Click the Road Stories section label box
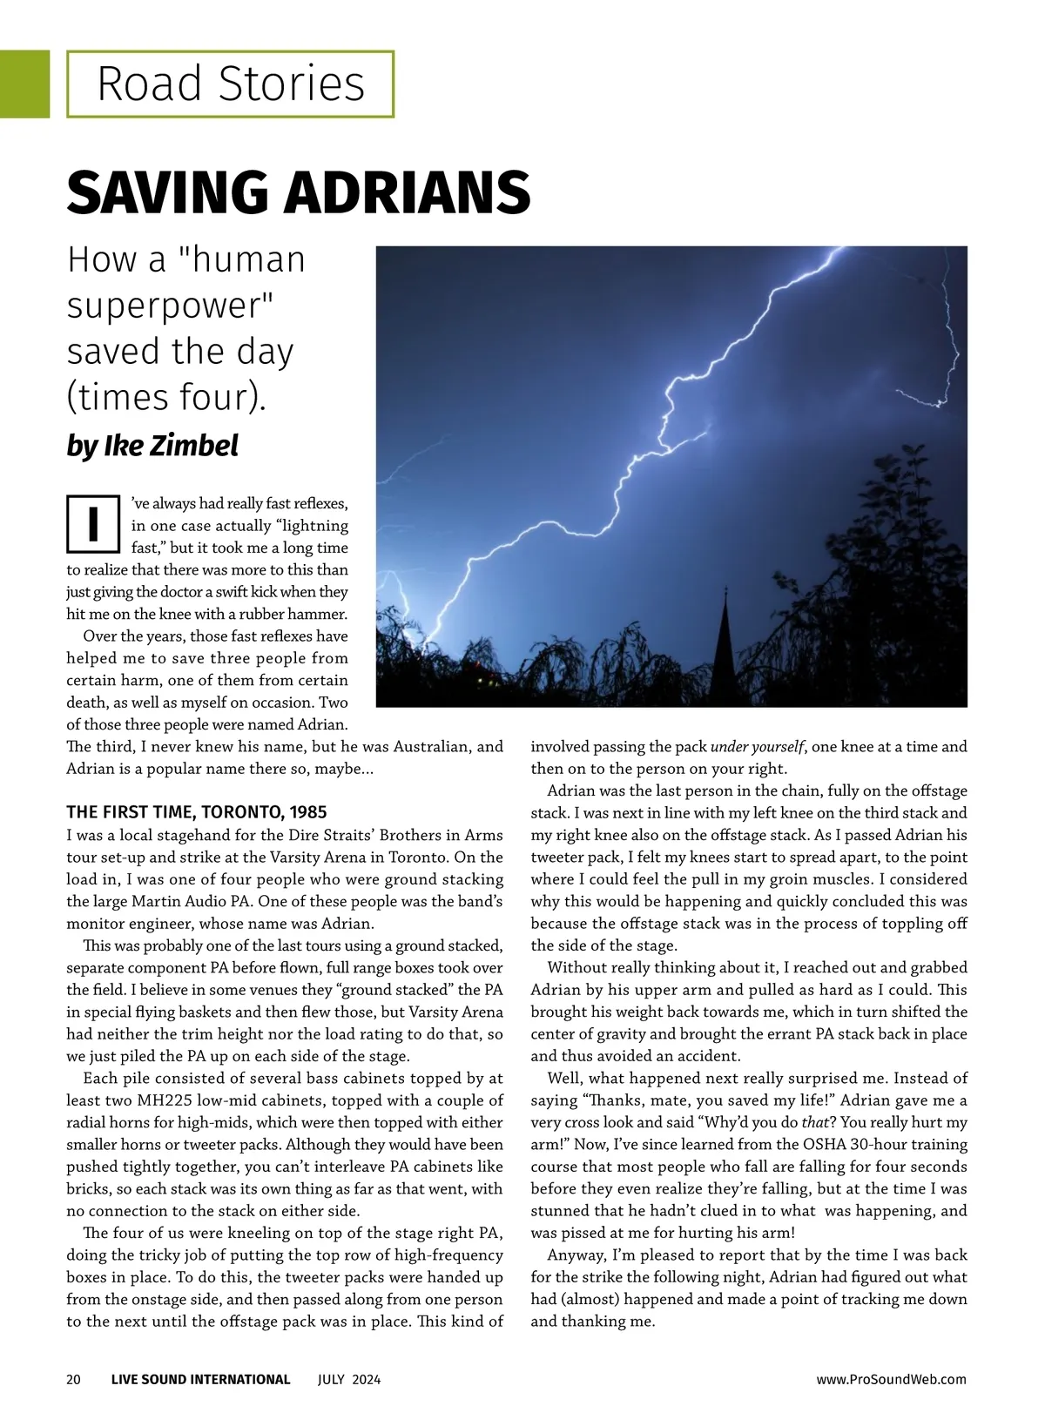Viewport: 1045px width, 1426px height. [x=230, y=84]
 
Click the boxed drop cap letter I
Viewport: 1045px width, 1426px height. [x=92, y=523]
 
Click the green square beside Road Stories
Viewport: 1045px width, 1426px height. [x=24, y=84]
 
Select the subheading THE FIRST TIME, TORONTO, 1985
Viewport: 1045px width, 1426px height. [x=197, y=812]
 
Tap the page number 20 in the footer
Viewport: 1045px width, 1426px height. [x=73, y=1379]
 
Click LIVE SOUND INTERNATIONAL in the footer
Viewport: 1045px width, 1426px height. [x=200, y=1379]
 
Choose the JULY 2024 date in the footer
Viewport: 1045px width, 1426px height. [x=348, y=1379]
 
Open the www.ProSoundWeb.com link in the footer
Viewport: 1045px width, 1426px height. [x=891, y=1379]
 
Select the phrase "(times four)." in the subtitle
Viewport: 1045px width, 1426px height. [x=165, y=397]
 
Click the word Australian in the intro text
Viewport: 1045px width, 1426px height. [x=432, y=747]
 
